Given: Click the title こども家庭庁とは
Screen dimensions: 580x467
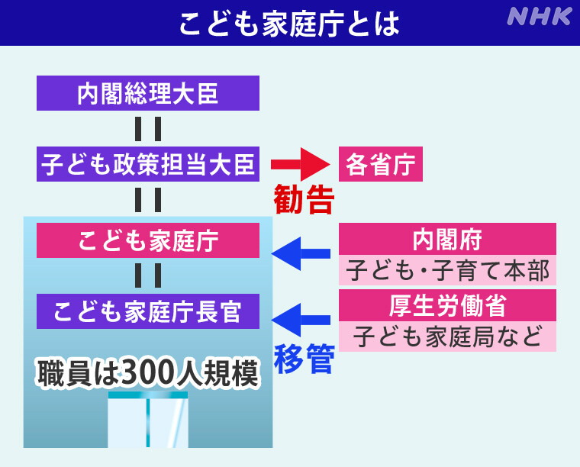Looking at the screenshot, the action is [x=289, y=23].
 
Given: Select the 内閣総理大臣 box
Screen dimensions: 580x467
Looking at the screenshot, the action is [x=148, y=93].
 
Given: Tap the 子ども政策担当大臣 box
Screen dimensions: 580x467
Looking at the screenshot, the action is [x=148, y=163].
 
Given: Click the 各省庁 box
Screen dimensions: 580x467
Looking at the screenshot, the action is [x=380, y=163].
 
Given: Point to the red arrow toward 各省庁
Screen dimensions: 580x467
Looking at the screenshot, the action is [x=299, y=163].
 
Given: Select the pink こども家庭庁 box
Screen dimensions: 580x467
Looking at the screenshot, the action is [x=148, y=241].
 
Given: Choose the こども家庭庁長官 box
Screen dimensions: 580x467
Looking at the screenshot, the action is [x=148, y=311].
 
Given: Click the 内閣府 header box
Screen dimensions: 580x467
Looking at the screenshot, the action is [x=447, y=239].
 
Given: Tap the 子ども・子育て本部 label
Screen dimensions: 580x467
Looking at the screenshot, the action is [x=447, y=270].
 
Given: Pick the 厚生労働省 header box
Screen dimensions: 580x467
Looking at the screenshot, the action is [x=447, y=305].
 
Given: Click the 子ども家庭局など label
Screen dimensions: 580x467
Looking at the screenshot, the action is [x=447, y=336].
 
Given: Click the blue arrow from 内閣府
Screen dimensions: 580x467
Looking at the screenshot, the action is [x=301, y=253].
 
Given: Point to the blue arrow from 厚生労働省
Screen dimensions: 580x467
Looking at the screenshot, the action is [x=301, y=320].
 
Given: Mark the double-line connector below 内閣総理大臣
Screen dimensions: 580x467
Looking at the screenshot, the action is [x=148, y=128].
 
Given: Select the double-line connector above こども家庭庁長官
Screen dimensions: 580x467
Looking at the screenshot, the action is [x=148, y=276].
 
